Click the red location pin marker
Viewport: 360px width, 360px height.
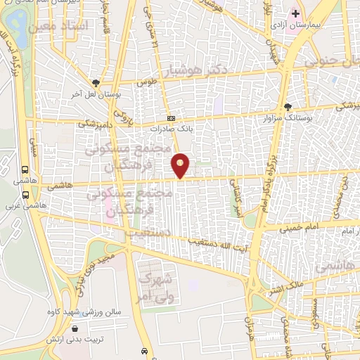181,166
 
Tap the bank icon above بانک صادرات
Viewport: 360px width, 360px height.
170,118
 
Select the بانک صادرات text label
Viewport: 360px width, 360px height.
170,129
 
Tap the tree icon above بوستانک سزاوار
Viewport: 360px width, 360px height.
288,107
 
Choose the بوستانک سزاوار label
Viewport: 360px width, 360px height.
288,118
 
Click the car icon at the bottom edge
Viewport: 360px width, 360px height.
143,351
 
